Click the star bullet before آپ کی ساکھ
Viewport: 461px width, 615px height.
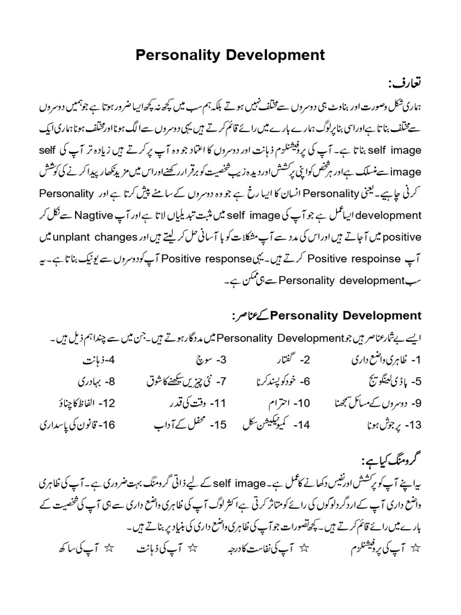(x=110, y=548)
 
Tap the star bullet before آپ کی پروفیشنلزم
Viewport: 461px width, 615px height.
(x=418, y=548)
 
